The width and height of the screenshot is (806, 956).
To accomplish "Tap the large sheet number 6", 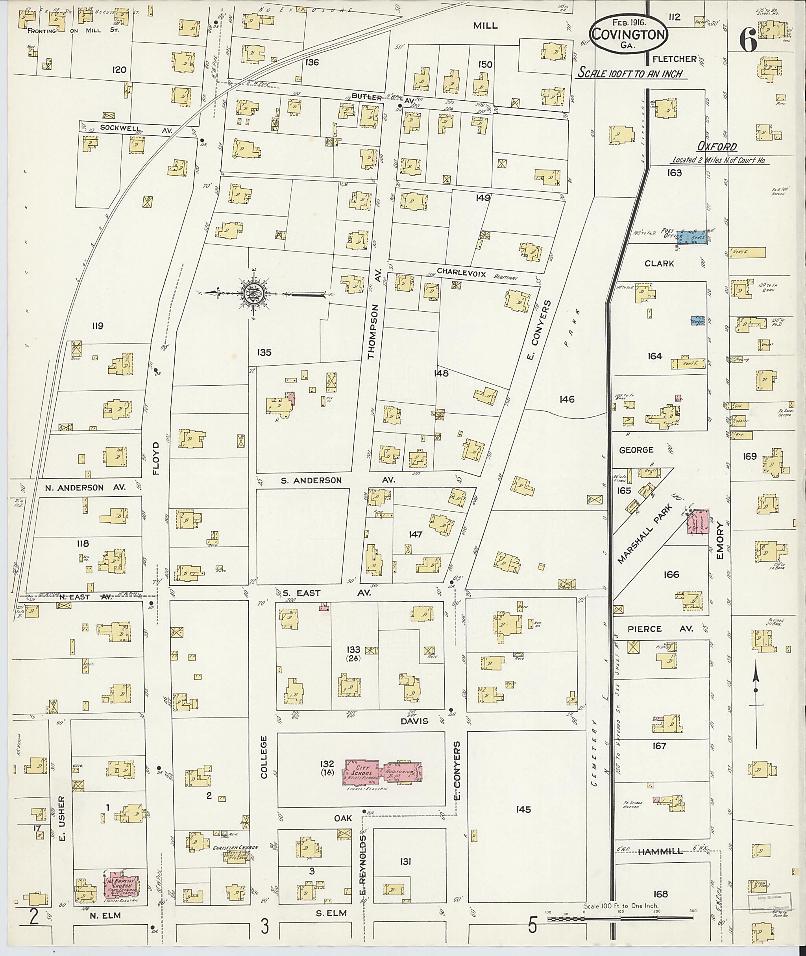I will click(x=749, y=42).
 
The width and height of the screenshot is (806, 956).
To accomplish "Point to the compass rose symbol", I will click(x=252, y=293).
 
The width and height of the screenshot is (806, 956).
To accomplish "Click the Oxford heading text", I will click(x=716, y=147).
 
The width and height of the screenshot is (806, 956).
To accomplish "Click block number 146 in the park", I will click(x=567, y=399).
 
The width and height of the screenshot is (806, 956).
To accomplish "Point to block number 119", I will click(x=97, y=326).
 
